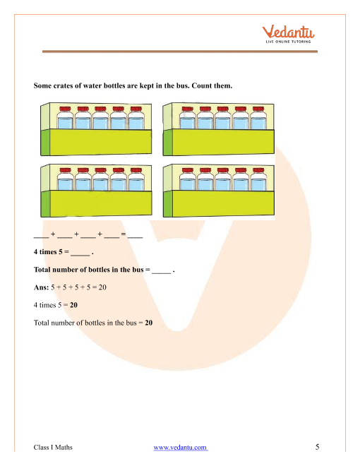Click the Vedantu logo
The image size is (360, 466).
click(288, 34)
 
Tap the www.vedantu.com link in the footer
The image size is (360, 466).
click(180, 447)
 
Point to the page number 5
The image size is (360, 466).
click(317, 447)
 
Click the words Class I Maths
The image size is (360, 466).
click(53, 447)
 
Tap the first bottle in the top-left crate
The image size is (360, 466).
click(65, 118)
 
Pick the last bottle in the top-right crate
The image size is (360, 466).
click(258, 118)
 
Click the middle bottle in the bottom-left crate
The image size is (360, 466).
click(101, 179)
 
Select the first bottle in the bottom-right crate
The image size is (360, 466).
click(188, 179)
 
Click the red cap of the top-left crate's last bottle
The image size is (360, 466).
click(136, 109)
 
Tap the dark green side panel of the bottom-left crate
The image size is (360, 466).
click(45, 203)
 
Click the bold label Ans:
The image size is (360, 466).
click(41, 287)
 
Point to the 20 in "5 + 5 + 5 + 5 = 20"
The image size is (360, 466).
click(102, 287)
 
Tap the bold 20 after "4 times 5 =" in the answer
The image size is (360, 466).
click(73, 305)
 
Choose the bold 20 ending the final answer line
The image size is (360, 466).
click(148, 323)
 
